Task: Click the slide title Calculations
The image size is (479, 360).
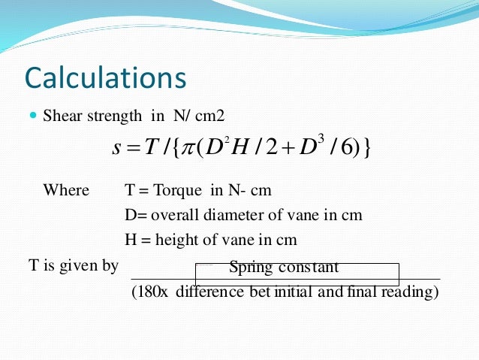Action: (105, 77)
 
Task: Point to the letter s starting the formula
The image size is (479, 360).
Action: (116, 149)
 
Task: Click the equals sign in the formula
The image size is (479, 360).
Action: (134, 149)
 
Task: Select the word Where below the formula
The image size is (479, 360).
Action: (66, 190)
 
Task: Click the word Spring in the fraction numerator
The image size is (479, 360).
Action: (252, 267)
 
